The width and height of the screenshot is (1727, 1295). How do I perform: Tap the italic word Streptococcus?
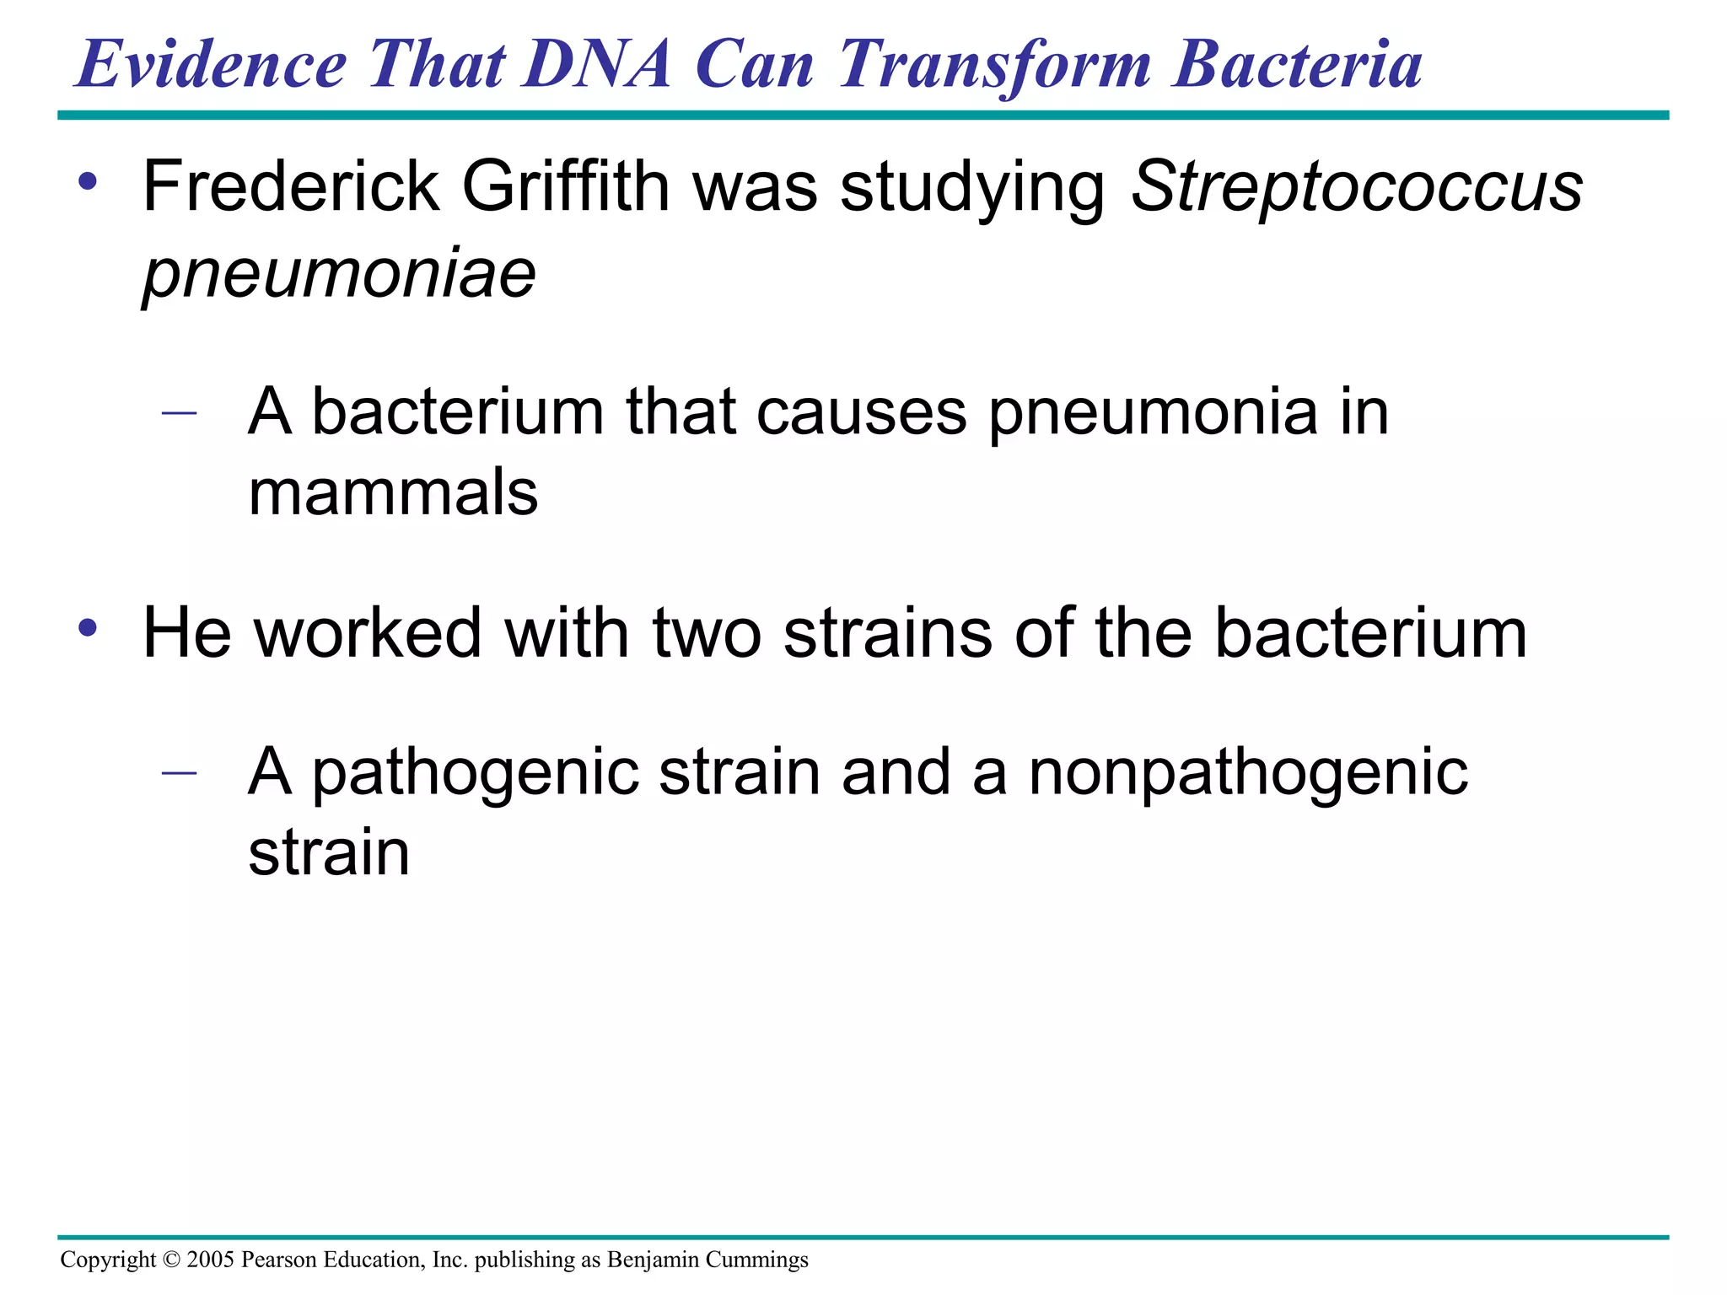(1356, 187)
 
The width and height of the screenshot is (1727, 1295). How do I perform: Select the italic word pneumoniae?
(339, 273)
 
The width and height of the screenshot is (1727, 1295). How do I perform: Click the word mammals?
(393, 492)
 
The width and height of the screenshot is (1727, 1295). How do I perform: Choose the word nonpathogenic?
(1248, 774)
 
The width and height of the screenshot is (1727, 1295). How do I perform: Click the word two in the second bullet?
(707, 633)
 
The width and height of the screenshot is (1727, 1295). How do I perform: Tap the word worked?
(368, 633)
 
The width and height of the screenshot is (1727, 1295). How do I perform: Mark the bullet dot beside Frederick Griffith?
(88, 181)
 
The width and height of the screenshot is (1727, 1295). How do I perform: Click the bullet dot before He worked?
(88, 628)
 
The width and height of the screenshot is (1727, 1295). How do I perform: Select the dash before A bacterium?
(179, 413)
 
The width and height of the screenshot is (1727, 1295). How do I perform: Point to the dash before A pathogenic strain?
(179, 771)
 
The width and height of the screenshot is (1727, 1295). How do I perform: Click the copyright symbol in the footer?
(171, 1260)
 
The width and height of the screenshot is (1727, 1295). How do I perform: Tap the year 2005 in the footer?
(210, 1260)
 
